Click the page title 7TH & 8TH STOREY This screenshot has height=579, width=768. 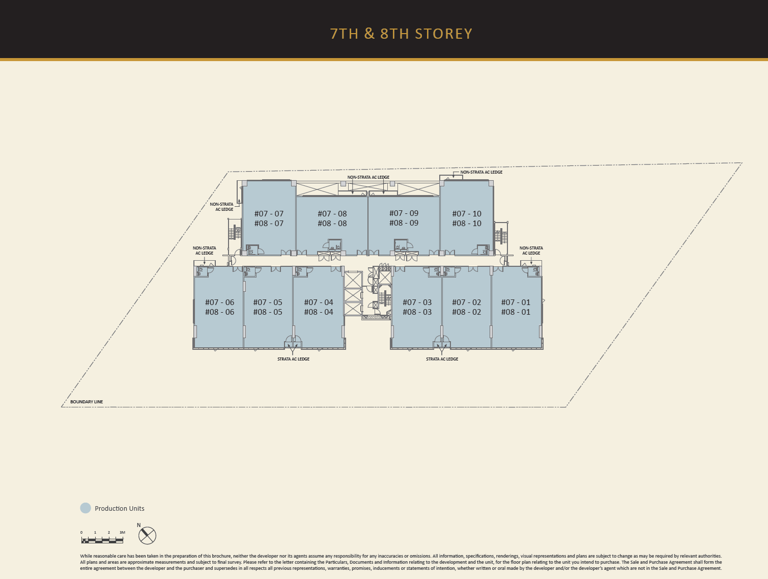coord(402,34)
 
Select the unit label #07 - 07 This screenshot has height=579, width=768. coord(269,213)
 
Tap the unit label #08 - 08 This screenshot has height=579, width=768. coord(332,224)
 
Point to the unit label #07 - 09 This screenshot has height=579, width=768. coord(404,213)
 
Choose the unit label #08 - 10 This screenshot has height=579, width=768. coord(467,224)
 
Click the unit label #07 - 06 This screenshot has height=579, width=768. coord(219,302)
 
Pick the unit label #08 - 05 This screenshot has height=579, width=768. coord(268,312)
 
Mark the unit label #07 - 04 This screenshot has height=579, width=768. coord(319,302)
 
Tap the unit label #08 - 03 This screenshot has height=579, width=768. coord(417,312)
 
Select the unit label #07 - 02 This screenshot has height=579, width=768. coord(466,302)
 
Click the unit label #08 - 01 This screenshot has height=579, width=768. coord(516,312)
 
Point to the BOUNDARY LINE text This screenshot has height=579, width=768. coord(87,402)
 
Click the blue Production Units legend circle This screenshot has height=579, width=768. coord(86,508)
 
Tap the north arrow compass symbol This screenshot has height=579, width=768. coord(147,535)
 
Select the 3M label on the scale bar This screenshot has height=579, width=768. coord(122,533)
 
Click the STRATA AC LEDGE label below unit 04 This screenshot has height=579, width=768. coord(293,359)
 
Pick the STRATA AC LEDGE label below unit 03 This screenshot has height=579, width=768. coord(442,359)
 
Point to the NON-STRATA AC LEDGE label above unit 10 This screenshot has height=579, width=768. coord(481,172)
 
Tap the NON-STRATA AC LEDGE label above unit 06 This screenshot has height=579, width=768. coord(204,251)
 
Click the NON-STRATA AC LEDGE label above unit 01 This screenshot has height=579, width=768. coord(531,251)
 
